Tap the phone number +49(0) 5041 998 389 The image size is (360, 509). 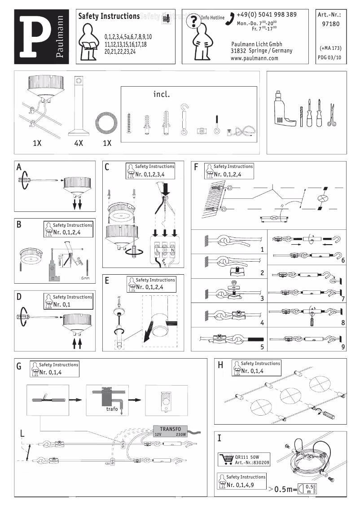(266, 15)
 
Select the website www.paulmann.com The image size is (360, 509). (254, 58)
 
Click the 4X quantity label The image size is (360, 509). (79, 144)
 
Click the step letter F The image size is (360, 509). (196, 167)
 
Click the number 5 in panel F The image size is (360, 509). (262, 347)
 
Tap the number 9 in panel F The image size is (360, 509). (342, 347)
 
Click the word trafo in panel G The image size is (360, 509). (112, 409)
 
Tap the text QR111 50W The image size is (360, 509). (248, 457)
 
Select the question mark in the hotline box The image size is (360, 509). (193, 21)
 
